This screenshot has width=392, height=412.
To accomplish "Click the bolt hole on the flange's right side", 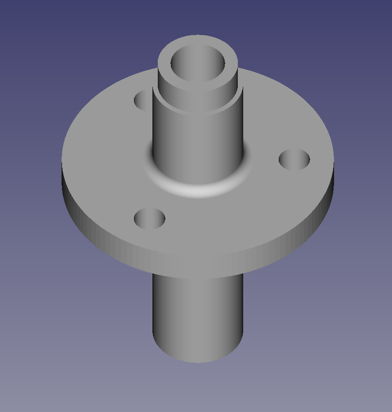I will pos(294,160).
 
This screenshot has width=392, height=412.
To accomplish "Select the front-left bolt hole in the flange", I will pos(150,219).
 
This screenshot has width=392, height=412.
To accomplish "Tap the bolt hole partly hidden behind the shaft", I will pos(144,100).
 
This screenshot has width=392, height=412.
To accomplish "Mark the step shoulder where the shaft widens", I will pos(198,110).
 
